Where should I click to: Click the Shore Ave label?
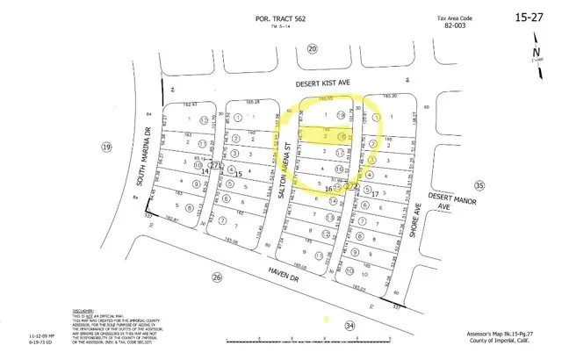click(x=419, y=217)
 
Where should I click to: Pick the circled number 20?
click(x=313, y=49)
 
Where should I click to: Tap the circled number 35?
click(x=479, y=186)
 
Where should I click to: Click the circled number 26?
click(x=217, y=277)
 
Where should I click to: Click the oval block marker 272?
click(x=354, y=186)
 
